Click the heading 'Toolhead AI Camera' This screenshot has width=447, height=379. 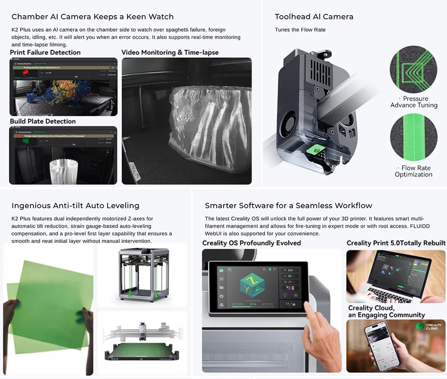click(x=314, y=17)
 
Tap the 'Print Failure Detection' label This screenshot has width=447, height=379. click(x=45, y=52)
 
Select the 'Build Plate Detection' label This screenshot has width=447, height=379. click(x=43, y=121)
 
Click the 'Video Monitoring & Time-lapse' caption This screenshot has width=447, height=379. click(x=170, y=52)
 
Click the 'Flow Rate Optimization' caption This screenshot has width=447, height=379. click(x=413, y=171)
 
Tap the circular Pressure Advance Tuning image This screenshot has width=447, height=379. click(x=413, y=69)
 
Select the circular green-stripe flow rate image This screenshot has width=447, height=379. click(x=413, y=137)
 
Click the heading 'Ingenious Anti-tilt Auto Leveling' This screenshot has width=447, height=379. click(x=75, y=206)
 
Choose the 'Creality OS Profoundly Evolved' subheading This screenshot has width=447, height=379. click(x=252, y=243)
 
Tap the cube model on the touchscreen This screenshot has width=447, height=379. click(x=253, y=286)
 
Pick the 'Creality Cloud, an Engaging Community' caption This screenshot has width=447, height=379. click(x=386, y=311)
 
